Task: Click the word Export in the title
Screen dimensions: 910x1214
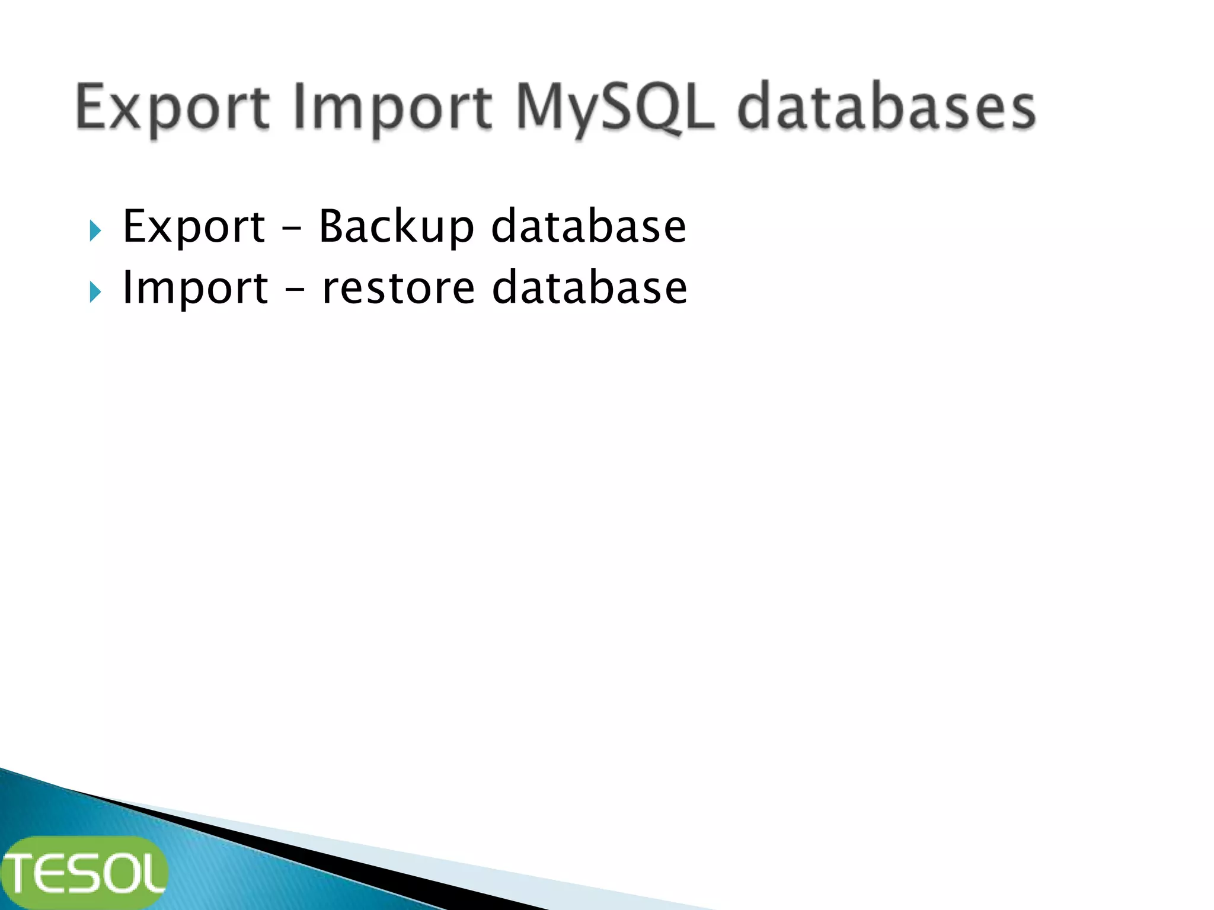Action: (x=172, y=108)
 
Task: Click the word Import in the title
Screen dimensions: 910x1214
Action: (x=392, y=108)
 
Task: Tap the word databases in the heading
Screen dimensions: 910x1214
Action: (x=886, y=108)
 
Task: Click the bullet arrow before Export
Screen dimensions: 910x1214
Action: (x=95, y=230)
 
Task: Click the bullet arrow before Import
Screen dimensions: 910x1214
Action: (x=95, y=292)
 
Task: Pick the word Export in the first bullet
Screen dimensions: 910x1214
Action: (x=193, y=227)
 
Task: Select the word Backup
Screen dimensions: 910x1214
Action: (x=396, y=227)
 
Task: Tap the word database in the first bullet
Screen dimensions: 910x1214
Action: (x=588, y=227)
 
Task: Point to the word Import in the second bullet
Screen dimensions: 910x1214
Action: (x=194, y=289)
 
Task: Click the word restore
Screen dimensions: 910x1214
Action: (x=398, y=289)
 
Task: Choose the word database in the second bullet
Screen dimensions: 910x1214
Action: (x=589, y=289)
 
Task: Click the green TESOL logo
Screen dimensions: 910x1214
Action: (x=85, y=872)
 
